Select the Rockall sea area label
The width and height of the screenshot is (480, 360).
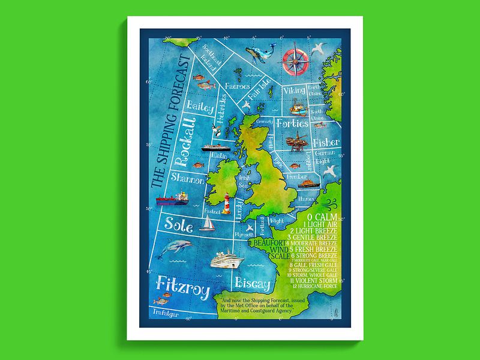tap(187, 143)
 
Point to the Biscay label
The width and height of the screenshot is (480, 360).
tap(254, 282)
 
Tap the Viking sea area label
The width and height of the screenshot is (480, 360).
tap(294, 91)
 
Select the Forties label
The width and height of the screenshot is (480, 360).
tap(292, 124)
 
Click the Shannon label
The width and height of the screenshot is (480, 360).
tap(188, 178)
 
